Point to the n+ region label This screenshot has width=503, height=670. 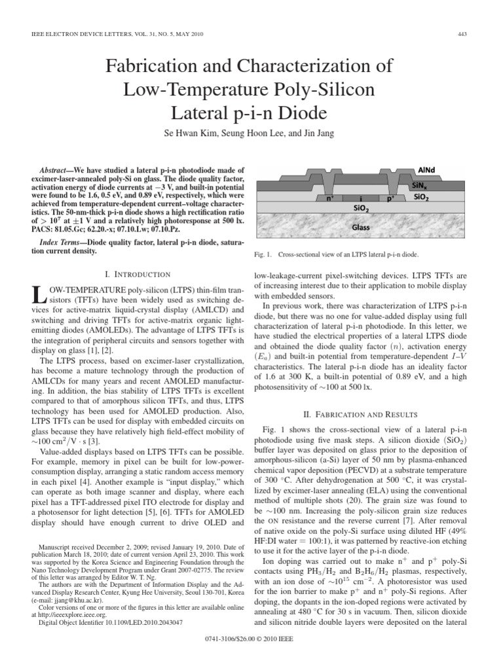322,196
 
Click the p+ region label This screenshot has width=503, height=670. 391,196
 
